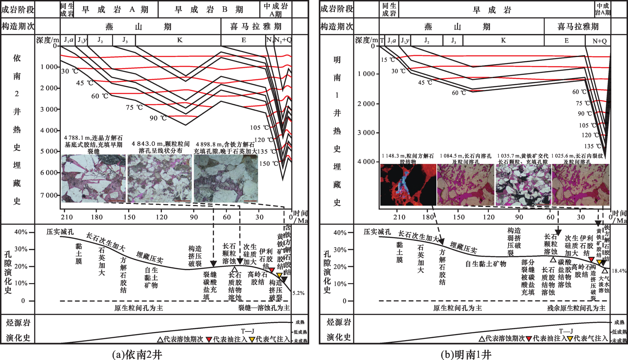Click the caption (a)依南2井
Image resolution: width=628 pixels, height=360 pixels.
pos(137,355)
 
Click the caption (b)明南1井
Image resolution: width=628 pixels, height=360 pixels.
pos(466,355)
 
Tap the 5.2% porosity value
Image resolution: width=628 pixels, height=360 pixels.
pos(298,293)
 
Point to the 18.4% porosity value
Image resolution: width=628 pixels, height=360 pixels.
pos(619,271)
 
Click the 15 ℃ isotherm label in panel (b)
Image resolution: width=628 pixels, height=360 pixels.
pos(388,60)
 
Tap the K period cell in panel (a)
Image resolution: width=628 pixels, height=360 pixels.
pos(179,40)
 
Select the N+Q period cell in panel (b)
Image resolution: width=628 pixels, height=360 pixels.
pos(599,41)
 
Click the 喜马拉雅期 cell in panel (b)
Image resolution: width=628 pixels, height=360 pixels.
pos(578,26)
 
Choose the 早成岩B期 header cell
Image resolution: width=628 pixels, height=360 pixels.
pos(209,9)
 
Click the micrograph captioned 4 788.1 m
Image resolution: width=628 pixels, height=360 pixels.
pos(93,178)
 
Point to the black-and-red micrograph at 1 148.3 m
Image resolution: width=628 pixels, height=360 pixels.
pos(408,185)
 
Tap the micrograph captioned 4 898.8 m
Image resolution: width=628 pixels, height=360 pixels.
pos(226,178)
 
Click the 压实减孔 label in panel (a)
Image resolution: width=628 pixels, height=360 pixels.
pos(60,232)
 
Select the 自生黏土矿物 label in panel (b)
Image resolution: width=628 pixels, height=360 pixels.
pos(486,264)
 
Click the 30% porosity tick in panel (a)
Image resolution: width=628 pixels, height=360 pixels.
pos(21,249)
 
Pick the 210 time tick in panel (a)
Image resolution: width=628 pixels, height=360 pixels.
pos(67,217)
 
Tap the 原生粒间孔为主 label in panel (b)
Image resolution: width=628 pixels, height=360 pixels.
pos(457,308)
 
